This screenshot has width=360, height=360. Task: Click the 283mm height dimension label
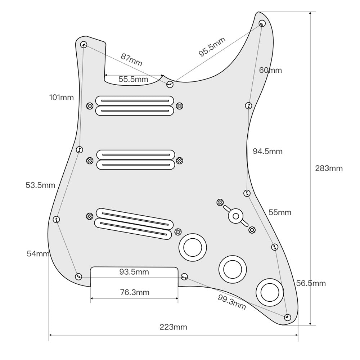click(x=329, y=168)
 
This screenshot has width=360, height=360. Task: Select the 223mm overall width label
click(x=174, y=327)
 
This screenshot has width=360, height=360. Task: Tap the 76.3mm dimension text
click(x=134, y=292)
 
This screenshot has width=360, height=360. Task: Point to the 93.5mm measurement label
click(x=134, y=272)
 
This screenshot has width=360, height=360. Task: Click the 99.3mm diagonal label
click(x=231, y=302)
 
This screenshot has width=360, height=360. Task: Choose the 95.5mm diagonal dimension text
click(x=212, y=47)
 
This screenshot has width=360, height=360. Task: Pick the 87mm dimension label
click(x=131, y=59)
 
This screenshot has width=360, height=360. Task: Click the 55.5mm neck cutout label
click(x=133, y=79)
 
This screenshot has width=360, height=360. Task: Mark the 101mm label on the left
click(x=61, y=97)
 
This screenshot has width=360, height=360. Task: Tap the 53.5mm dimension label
click(x=40, y=185)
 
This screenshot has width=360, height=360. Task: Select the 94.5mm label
click(x=267, y=151)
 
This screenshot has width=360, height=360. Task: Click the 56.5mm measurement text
click(x=311, y=283)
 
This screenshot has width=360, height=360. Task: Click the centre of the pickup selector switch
click(x=236, y=216)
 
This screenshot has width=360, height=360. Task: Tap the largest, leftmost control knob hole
click(x=193, y=247)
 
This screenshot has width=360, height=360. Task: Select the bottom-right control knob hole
click(x=270, y=292)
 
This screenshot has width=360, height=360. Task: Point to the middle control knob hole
click(x=233, y=269)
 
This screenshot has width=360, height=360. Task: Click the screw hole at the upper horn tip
click(x=262, y=23)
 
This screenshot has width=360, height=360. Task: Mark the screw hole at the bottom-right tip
click(x=287, y=317)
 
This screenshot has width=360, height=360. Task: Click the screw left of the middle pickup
click(x=89, y=160)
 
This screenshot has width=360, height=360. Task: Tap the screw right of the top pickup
click(x=180, y=106)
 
